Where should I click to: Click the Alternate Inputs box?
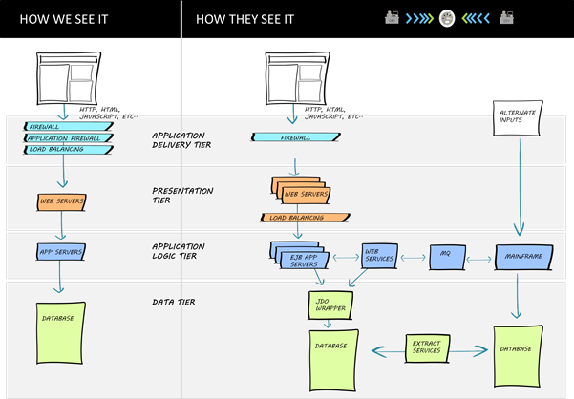(519, 119)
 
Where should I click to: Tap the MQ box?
(444, 255)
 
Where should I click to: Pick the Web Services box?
(379, 255)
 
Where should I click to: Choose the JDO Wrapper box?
(329, 305)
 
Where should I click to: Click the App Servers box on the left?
(63, 252)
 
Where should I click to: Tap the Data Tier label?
(175, 303)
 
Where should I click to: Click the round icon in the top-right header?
(446, 19)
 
